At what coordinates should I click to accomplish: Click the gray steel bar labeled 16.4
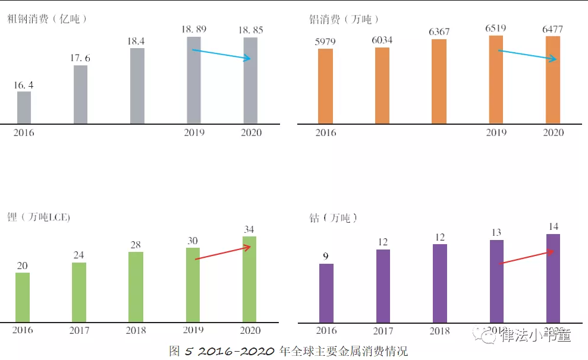[24, 108]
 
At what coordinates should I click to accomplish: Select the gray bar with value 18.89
[194, 80]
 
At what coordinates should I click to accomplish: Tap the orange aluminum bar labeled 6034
[382, 86]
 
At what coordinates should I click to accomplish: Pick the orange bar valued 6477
[553, 80]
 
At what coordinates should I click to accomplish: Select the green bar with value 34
[249, 279]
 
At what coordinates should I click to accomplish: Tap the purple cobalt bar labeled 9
[326, 293]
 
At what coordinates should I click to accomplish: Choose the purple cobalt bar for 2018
[439, 283]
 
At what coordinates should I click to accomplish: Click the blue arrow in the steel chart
[222, 55]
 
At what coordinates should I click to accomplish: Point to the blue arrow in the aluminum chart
[527, 55]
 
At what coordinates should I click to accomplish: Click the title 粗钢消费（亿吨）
[48, 19]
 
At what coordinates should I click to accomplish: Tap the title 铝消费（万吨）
[341, 20]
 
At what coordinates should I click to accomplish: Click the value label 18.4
[137, 40]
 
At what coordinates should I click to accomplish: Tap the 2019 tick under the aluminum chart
[496, 132]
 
